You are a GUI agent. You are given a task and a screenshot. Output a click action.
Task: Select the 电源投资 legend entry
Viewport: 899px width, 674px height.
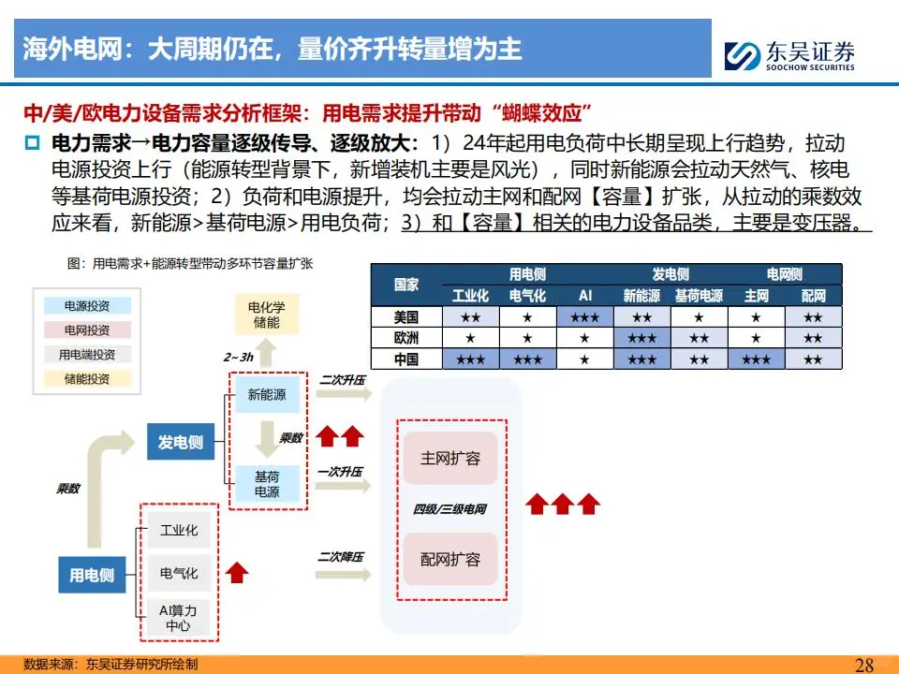pos(86,306)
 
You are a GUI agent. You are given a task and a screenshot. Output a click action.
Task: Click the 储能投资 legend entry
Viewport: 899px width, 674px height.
pos(86,379)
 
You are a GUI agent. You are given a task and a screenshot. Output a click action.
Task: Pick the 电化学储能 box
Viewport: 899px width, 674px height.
pos(266,315)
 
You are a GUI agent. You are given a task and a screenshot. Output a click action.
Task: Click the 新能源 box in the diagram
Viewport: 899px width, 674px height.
pos(267,395)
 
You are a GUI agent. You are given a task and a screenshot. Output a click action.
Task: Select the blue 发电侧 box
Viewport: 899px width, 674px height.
pos(180,442)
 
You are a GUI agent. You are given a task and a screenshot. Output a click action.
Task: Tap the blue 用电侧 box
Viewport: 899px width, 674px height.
pos(92,575)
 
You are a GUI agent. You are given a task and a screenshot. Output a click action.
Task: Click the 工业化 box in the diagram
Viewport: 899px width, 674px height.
pos(179,531)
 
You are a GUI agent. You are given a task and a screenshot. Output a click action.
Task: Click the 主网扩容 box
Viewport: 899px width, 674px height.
pos(449,459)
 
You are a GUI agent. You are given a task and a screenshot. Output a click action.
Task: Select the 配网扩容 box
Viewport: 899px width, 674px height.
pos(449,560)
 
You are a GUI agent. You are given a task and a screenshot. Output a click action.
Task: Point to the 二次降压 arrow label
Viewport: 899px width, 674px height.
pos(340,556)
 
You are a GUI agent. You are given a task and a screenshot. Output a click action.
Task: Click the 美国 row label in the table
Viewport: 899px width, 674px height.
pos(406,317)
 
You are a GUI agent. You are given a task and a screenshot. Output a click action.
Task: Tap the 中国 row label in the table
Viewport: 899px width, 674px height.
pos(406,359)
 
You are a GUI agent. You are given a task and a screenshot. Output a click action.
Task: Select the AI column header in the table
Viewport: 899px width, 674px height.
pos(584,296)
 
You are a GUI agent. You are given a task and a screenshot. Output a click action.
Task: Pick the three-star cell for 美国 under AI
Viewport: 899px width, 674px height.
pos(584,317)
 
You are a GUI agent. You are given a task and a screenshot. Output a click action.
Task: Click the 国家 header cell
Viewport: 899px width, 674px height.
pos(406,285)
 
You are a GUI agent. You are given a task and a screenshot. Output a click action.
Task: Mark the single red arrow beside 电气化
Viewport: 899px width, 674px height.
pos(238,572)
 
